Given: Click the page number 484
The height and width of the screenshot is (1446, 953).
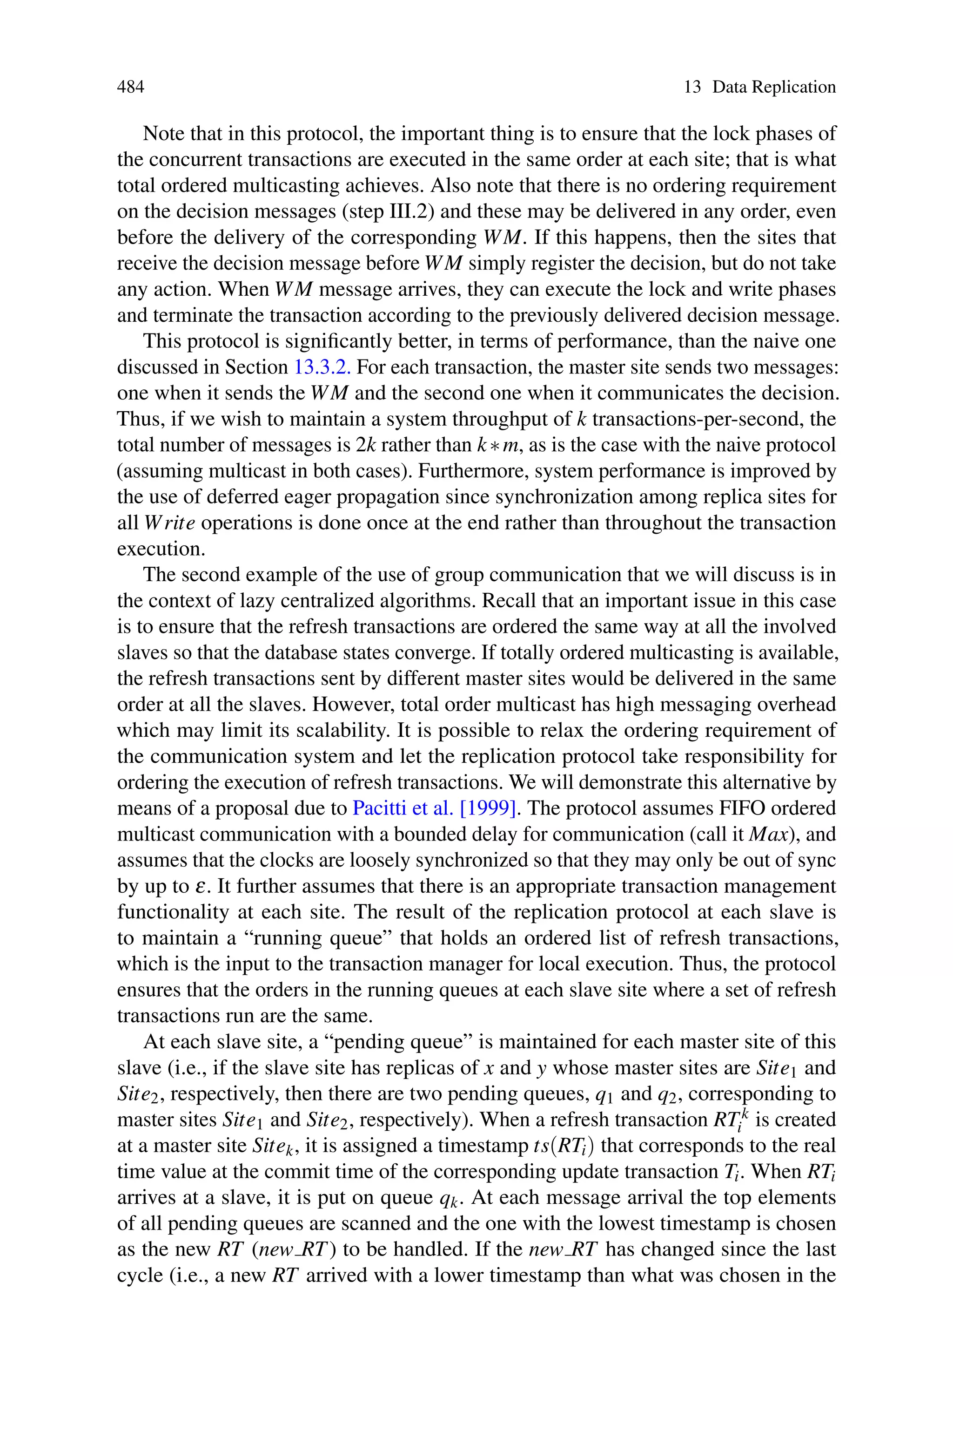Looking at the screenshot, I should tap(131, 87).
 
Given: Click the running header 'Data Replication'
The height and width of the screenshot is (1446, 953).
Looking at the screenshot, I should tap(774, 87).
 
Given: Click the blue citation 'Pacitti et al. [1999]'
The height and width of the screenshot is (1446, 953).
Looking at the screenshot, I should tap(435, 808).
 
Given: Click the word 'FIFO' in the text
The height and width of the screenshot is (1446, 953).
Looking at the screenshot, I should tap(744, 808).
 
